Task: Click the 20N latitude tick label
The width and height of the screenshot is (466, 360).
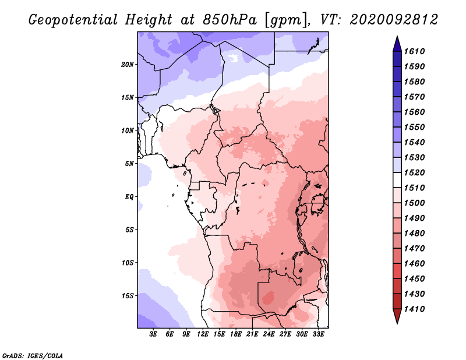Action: (x=128, y=65)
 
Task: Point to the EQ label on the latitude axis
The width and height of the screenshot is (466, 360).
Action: (x=129, y=197)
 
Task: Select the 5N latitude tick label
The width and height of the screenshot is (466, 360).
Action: (x=129, y=164)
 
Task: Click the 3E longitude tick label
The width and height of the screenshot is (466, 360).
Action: (x=153, y=334)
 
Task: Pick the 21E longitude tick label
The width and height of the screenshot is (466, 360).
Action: (x=252, y=334)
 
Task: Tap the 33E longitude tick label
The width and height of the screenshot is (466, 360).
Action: (x=318, y=334)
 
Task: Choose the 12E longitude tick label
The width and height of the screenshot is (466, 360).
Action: (x=203, y=334)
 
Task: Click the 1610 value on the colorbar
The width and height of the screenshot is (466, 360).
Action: (x=414, y=51)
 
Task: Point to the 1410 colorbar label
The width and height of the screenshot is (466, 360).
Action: (x=414, y=309)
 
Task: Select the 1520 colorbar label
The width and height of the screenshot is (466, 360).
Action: (x=414, y=172)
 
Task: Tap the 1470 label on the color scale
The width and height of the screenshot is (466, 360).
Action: (x=414, y=249)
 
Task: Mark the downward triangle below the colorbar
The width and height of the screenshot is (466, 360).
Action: (x=397, y=316)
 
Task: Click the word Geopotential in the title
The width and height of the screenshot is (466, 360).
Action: (x=73, y=20)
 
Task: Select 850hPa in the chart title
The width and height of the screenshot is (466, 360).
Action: (x=230, y=20)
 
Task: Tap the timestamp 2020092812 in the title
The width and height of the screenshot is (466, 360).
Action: (x=394, y=20)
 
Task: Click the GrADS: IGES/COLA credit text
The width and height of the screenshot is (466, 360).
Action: (x=33, y=356)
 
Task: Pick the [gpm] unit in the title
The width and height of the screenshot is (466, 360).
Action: (x=286, y=20)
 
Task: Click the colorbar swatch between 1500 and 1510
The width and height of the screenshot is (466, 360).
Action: (x=397, y=195)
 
